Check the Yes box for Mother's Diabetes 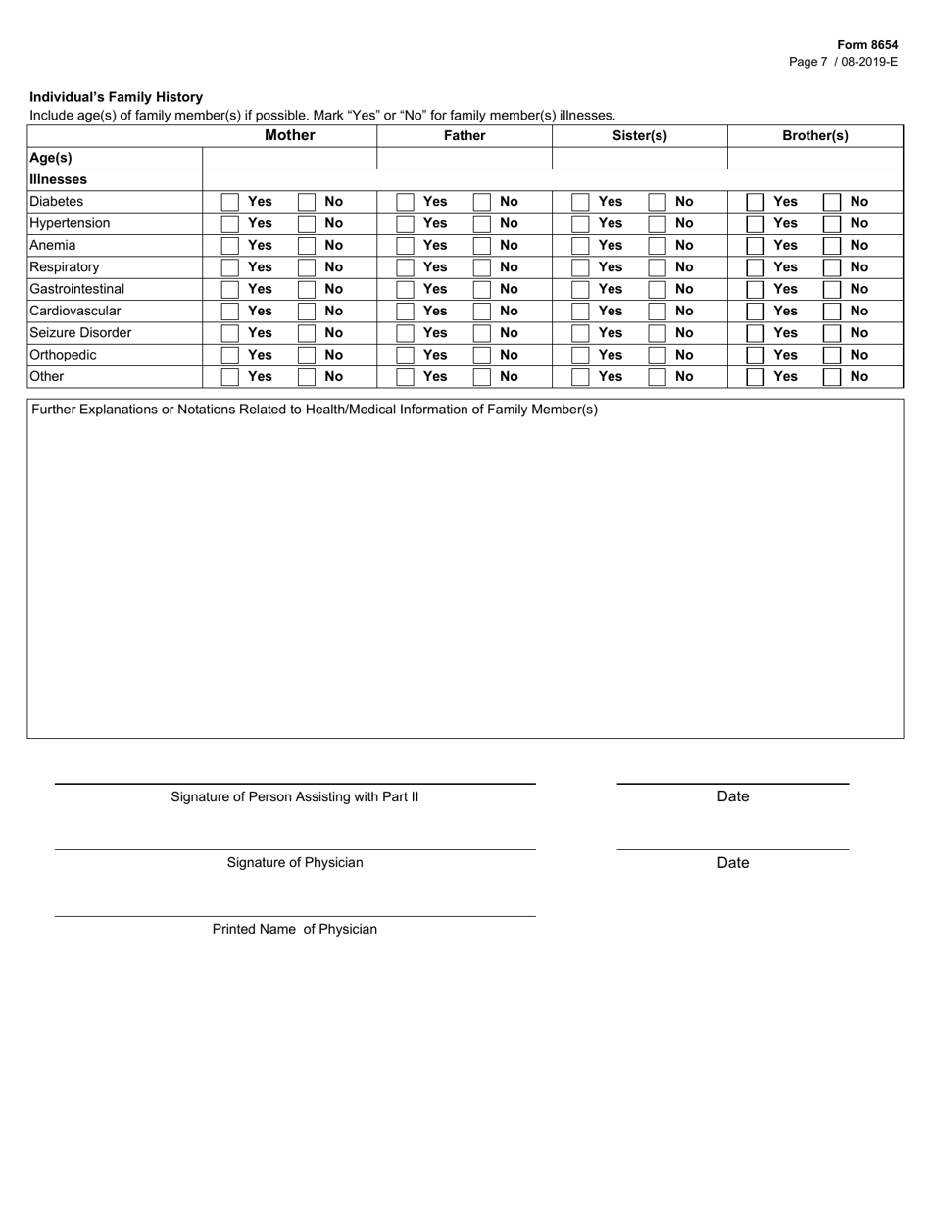pyautogui.click(x=229, y=202)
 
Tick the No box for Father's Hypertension pyautogui.click(x=481, y=223)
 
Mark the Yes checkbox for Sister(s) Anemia pyautogui.click(x=580, y=246)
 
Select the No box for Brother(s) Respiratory pyautogui.click(x=831, y=267)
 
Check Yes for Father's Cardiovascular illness pyautogui.click(x=405, y=312)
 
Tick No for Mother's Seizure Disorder pyautogui.click(x=307, y=333)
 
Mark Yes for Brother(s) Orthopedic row pyautogui.click(x=755, y=355)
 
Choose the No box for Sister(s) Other pyautogui.click(x=657, y=376)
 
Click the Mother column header pyautogui.click(x=289, y=136)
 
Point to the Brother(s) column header pyautogui.click(x=814, y=136)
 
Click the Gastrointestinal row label pyautogui.click(x=77, y=289)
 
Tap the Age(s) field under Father pyautogui.click(x=465, y=158)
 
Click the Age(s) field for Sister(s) pyautogui.click(x=639, y=158)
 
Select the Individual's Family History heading pyautogui.click(x=116, y=97)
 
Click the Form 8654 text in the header pyautogui.click(x=866, y=45)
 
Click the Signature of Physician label pyautogui.click(x=295, y=863)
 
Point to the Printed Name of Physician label pyautogui.click(x=295, y=929)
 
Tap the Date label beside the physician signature pyautogui.click(x=732, y=863)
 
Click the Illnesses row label pyautogui.click(x=59, y=180)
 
